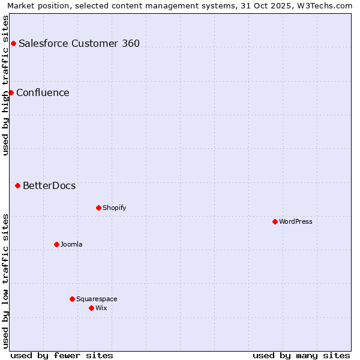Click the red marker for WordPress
coord(275,221)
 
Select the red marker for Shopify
coord(98,208)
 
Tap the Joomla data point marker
coord(56,244)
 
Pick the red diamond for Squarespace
coord(72,299)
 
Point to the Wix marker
coord(91,308)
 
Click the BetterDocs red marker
coord(17,185)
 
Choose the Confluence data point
coord(11,92)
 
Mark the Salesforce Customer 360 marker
coord(13,43)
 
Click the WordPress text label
coord(296,221)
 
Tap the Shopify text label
coord(115,208)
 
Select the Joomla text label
coord(71,244)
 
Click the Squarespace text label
coord(97,299)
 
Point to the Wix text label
coord(101,308)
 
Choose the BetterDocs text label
coord(49,185)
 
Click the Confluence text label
coord(43,92)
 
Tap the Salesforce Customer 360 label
coord(79,43)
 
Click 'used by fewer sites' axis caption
coord(62,355)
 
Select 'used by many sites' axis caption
coord(301,355)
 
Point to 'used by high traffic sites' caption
coord(5,85)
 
